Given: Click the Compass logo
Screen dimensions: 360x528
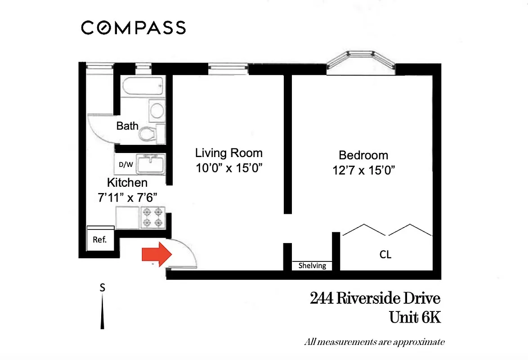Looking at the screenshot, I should point(134,28).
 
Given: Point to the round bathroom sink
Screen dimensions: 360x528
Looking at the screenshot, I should point(157,110).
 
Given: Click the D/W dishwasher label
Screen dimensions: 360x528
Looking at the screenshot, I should point(126,164).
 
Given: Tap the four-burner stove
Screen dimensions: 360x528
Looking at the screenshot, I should point(153,217).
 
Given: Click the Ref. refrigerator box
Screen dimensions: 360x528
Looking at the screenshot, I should point(99,239).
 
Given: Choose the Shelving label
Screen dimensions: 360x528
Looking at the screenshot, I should point(312,266).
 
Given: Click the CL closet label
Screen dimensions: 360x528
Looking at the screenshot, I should point(385,255).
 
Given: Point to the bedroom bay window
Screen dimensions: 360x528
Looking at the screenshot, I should point(361,63).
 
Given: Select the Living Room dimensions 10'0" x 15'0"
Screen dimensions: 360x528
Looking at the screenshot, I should point(229,168).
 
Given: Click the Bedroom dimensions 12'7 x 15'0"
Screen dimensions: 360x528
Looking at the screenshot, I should point(363,171).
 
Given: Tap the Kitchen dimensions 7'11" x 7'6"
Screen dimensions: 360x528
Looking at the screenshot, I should point(127,197).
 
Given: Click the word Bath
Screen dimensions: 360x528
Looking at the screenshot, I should point(127,126).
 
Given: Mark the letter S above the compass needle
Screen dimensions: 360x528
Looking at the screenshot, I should point(103,288).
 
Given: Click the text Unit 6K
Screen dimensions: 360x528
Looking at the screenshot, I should point(415,317).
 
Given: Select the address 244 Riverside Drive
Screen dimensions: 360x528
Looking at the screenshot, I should point(375,298).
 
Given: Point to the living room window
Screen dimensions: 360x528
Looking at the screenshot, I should point(228,68).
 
